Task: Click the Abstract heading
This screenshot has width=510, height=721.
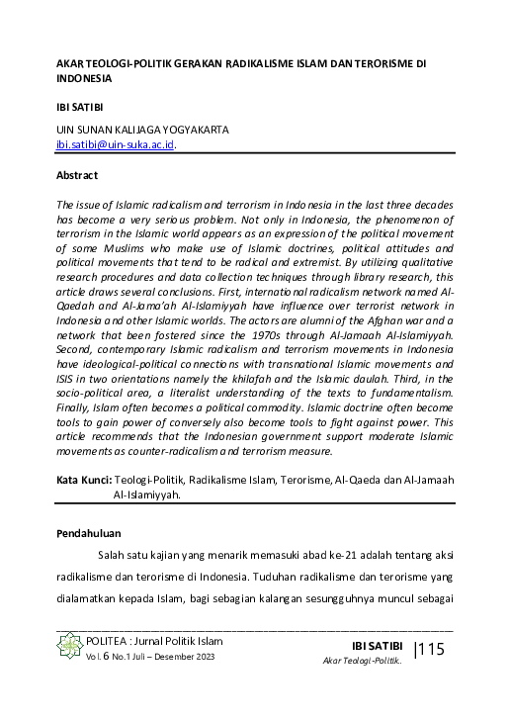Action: click(x=77, y=175)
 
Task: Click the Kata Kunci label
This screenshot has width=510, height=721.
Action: click(x=83, y=480)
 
